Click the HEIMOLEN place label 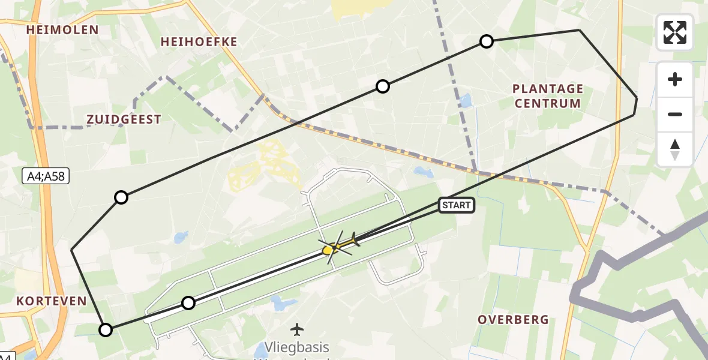point(62,30)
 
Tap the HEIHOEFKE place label point(199,42)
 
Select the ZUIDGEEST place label point(124,119)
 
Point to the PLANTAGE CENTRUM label point(547,96)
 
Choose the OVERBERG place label point(513,320)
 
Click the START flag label point(457,206)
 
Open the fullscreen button point(675,32)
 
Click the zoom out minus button point(675,114)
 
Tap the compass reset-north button point(675,149)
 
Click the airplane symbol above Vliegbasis point(297,329)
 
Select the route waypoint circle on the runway point(188,303)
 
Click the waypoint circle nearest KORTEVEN point(106,329)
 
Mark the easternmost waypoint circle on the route point(487,41)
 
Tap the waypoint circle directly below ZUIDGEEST point(121,197)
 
